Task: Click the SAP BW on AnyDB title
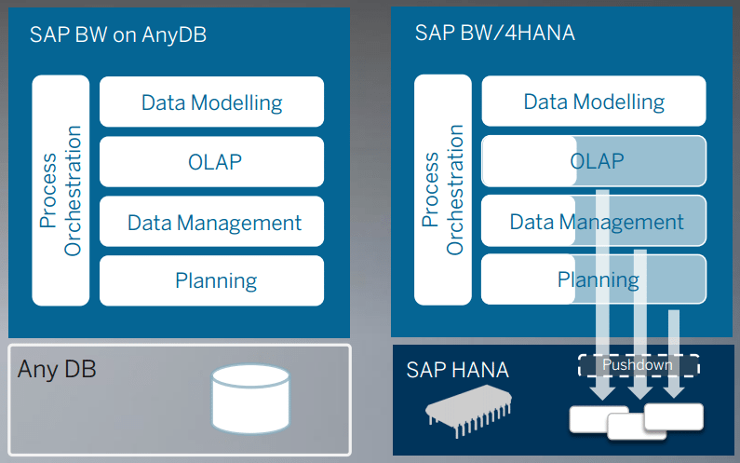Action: pyautogui.click(x=117, y=36)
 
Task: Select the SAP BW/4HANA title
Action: pyautogui.click(x=494, y=34)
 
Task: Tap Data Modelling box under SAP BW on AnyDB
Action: pyautogui.click(x=211, y=102)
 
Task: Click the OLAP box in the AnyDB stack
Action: pyautogui.click(x=211, y=161)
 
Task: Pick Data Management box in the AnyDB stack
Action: pyautogui.click(x=211, y=222)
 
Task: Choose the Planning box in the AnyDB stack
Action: pyautogui.click(x=211, y=280)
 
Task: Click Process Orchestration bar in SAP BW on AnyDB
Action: pyautogui.click(x=61, y=190)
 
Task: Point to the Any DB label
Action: pyautogui.click(x=57, y=369)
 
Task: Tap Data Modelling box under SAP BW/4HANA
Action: pyautogui.click(x=594, y=102)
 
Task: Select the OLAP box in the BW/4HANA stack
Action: pyautogui.click(x=594, y=161)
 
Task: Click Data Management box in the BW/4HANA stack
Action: pyautogui.click(x=594, y=222)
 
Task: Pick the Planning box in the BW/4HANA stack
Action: pyautogui.click(x=594, y=280)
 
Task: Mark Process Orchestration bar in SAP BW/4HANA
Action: pyautogui.click(x=443, y=190)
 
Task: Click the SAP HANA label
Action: pyautogui.click(x=457, y=370)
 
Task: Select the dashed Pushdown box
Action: pyautogui.click(x=638, y=365)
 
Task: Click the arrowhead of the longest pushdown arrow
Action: pyautogui.click(x=601, y=392)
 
